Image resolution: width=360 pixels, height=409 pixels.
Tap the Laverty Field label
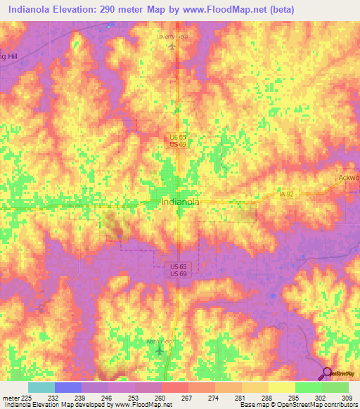(172, 35)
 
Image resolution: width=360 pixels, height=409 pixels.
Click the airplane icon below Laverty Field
(172, 46)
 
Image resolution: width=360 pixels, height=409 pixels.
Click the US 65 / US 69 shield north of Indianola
(177, 140)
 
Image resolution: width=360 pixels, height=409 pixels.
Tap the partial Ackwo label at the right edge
(347, 178)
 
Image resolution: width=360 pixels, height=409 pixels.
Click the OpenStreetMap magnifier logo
(327, 374)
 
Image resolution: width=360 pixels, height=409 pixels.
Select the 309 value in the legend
(345, 398)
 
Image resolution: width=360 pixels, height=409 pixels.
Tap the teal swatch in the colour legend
(41, 387)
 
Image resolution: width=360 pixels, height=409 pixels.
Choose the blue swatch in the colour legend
(67, 387)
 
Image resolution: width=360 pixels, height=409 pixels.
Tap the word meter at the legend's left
(8, 398)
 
